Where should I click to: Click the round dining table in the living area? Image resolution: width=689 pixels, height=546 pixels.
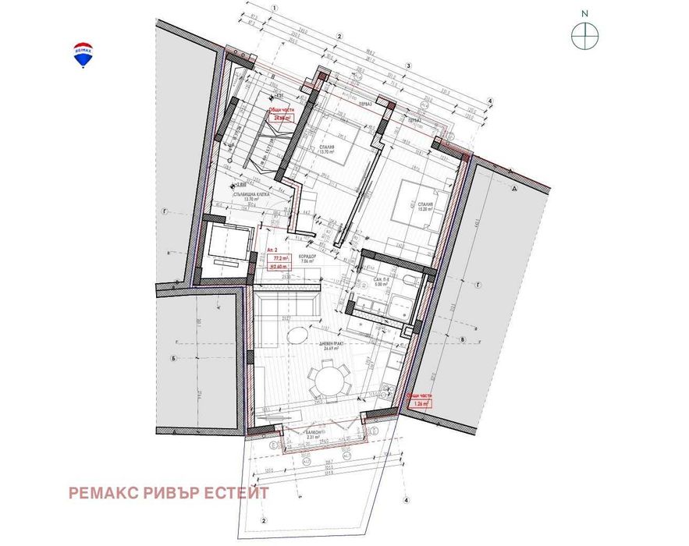tap(328, 381)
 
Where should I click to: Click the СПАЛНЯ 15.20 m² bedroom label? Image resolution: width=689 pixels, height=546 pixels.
tap(424, 207)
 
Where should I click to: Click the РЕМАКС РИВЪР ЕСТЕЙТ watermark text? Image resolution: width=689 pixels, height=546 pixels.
tap(169, 493)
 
